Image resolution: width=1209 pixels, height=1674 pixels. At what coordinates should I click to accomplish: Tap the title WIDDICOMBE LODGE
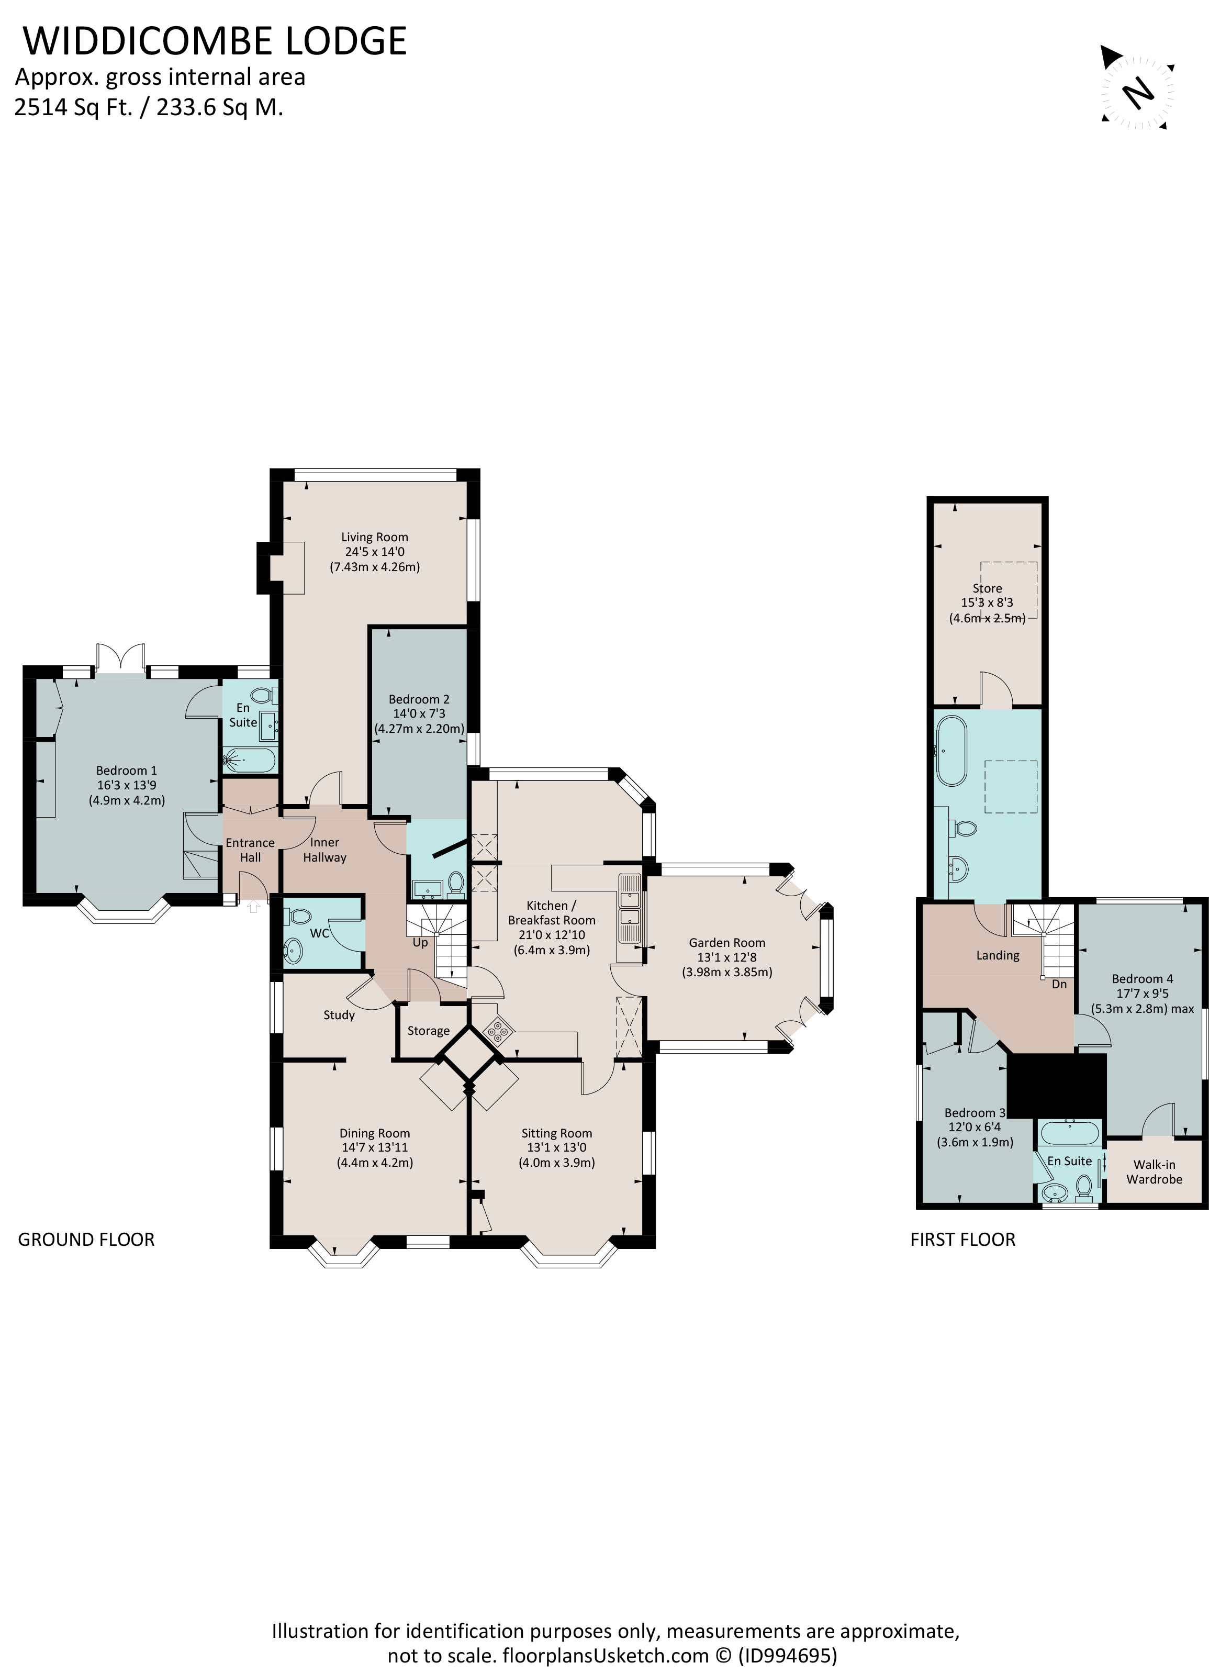coord(215,41)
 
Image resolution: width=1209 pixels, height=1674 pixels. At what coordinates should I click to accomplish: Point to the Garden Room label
coord(726,943)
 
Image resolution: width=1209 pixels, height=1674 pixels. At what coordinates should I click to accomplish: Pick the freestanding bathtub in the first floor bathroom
coord(950,751)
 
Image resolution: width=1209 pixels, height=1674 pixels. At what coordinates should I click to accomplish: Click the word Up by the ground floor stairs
coord(420,943)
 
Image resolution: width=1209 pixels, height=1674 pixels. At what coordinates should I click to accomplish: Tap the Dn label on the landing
coord(1059,984)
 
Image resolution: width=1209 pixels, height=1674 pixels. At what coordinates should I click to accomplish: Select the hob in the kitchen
coord(497,1032)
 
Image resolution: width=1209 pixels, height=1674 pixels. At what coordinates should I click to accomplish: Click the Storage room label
coord(428,1031)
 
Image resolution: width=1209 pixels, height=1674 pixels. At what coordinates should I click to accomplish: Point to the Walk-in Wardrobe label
coord(1155,1172)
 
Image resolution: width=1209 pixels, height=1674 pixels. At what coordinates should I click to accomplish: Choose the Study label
coord(339,1015)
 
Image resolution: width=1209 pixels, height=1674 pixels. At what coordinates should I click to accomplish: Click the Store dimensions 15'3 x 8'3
coord(987,602)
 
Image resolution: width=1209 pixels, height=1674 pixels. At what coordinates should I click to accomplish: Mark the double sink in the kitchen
coord(630,909)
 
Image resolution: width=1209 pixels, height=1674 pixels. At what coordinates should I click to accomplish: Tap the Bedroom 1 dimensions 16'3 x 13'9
coord(126,785)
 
